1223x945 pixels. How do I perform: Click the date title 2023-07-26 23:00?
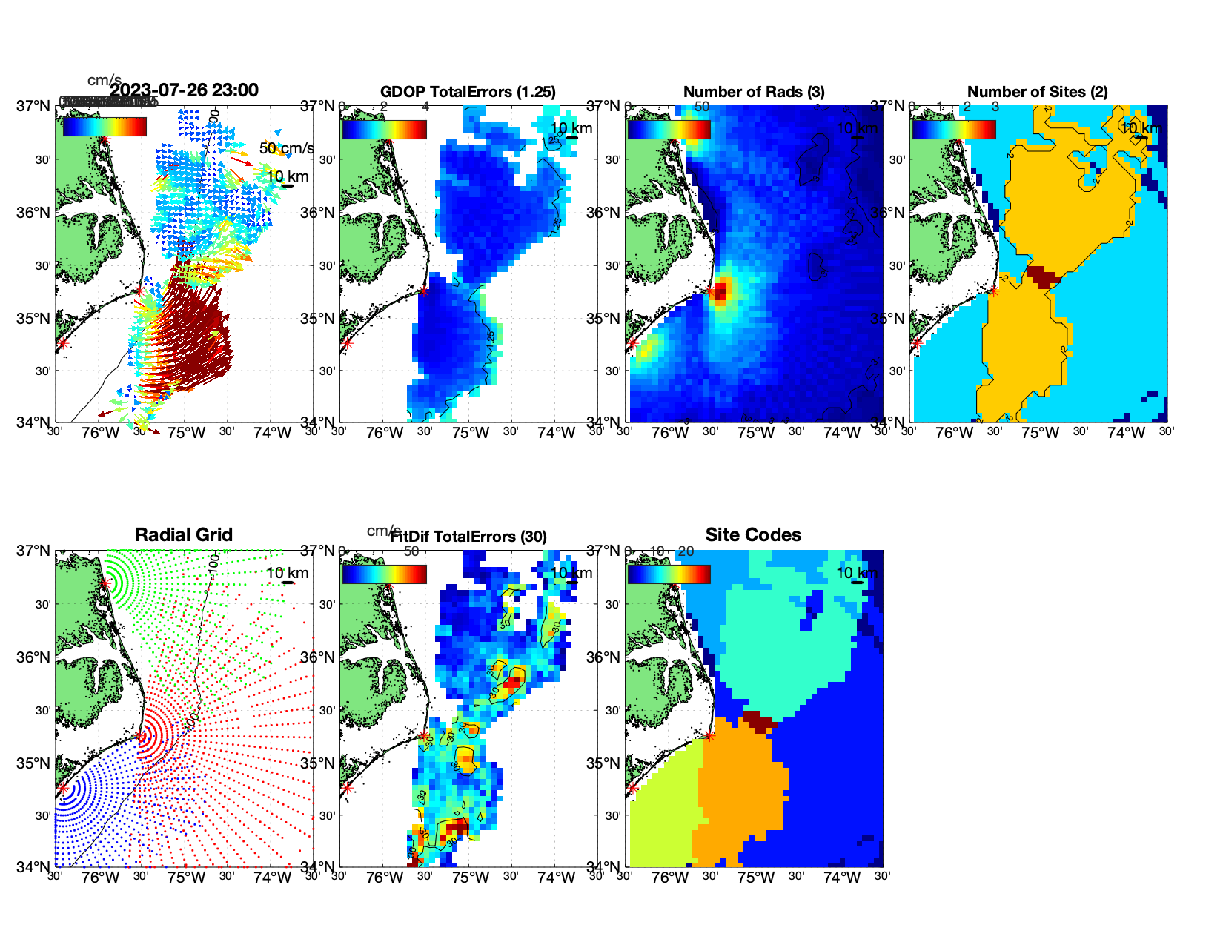pyautogui.click(x=184, y=90)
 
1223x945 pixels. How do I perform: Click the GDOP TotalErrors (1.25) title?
pyautogui.click(x=468, y=92)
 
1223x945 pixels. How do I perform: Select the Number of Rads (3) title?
pyautogui.click(x=754, y=92)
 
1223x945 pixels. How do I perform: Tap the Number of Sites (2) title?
pyautogui.click(x=1038, y=92)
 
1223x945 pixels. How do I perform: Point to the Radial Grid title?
pyautogui.click(x=184, y=535)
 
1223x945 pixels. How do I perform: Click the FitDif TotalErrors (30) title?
pyautogui.click(x=468, y=537)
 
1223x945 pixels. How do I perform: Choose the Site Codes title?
pyautogui.click(x=753, y=535)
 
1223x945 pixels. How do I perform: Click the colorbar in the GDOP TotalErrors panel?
pyautogui.click(x=384, y=130)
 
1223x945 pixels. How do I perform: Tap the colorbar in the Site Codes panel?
pyautogui.click(x=669, y=574)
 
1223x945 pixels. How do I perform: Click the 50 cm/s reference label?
pyautogui.click(x=286, y=148)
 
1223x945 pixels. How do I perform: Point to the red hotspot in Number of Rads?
pyautogui.click(x=721, y=289)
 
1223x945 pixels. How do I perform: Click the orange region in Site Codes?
pyautogui.click(x=741, y=786)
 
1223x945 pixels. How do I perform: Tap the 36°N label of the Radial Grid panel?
pyautogui.click(x=33, y=657)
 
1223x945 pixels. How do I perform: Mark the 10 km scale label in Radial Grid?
pyautogui.click(x=287, y=573)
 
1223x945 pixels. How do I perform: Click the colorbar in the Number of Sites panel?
pyautogui.click(x=953, y=130)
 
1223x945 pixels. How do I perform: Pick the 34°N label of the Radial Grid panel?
pyautogui.click(x=33, y=866)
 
